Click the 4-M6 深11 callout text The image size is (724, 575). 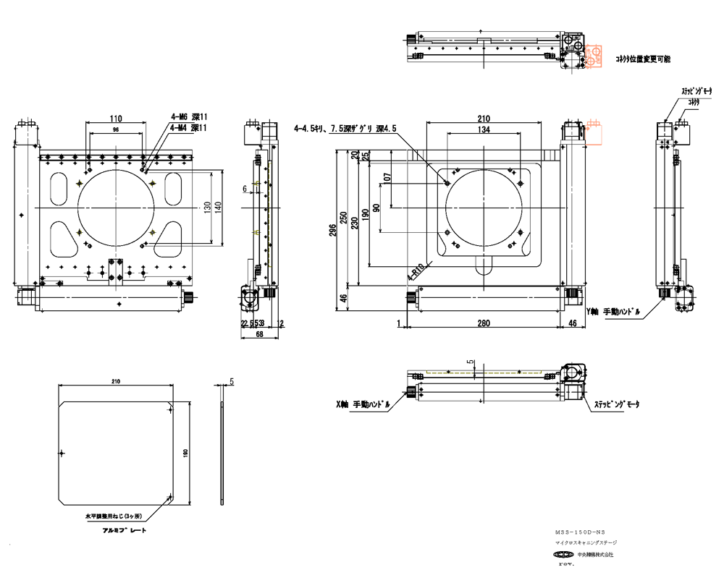pos(189,116)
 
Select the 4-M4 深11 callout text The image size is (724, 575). pos(189,128)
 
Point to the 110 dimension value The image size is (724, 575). pos(116,118)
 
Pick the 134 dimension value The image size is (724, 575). pos(484,129)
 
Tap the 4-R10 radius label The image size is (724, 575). pos(416,272)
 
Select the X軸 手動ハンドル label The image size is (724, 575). pos(364,405)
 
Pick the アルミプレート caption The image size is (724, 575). pos(125,530)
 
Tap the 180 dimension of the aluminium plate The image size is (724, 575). pos(186,452)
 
